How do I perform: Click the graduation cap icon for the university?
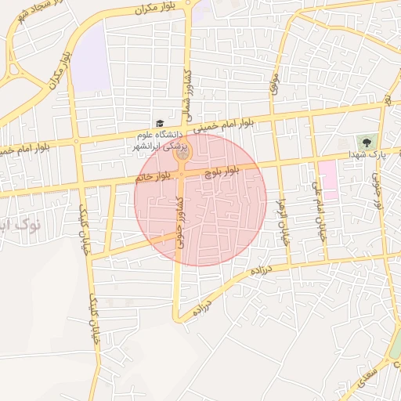(x=161, y=123)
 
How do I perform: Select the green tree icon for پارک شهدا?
(x=364, y=142)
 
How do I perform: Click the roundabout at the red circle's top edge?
(x=182, y=154)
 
